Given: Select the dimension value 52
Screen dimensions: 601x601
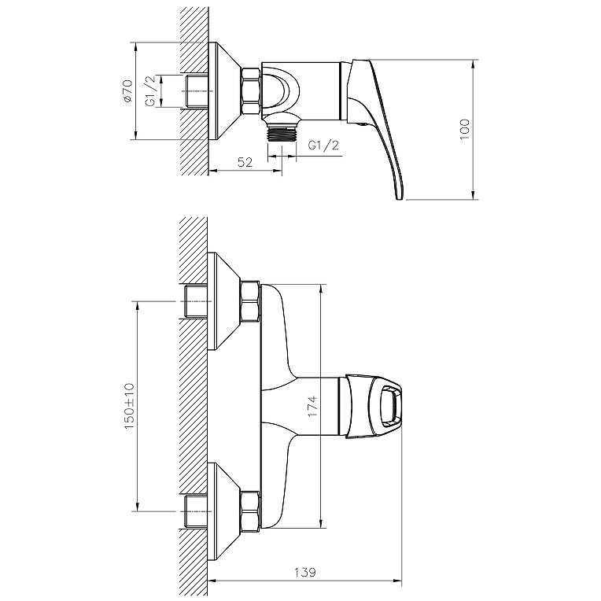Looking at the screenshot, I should tap(245, 162).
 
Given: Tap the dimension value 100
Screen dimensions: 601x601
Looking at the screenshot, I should tap(464, 127).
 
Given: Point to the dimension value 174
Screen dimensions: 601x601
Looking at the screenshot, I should tap(312, 407).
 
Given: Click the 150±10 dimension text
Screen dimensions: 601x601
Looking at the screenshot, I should tap(129, 405).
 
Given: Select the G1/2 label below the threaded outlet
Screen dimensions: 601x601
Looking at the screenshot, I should tap(323, 146).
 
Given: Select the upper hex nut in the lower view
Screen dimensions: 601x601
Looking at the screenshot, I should tap(249, 301).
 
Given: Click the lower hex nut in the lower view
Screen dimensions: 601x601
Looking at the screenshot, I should tap(249, 511).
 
